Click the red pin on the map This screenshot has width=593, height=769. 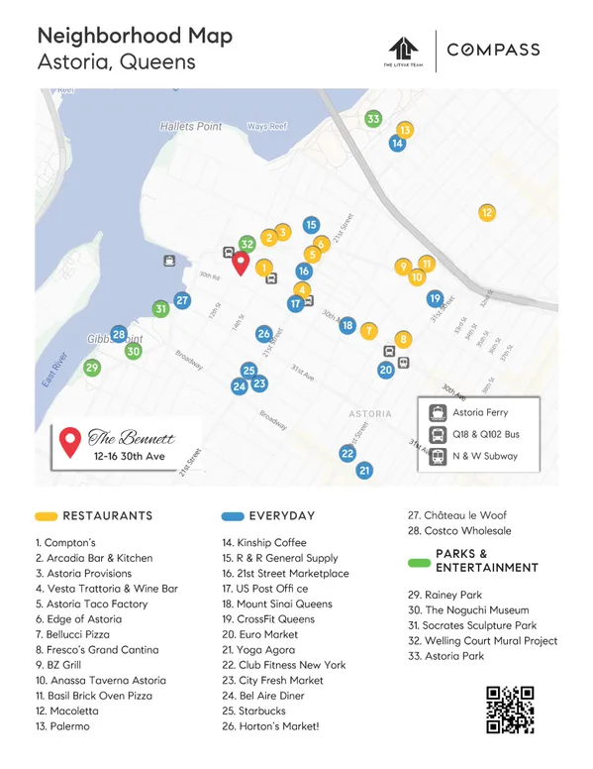240,263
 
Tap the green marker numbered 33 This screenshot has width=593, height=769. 373,119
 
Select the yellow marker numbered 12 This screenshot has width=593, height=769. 486,212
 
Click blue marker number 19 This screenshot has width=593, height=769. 435,298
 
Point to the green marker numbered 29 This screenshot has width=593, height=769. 92,368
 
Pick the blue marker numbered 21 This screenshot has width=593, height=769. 364,470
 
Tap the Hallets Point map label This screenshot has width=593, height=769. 191,127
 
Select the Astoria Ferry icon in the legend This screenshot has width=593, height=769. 436,413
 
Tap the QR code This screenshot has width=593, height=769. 511,709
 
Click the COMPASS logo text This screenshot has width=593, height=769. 493,50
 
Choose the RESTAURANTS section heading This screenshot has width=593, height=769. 107,515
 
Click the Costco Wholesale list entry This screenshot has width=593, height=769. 468,531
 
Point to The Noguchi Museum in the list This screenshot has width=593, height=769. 476,610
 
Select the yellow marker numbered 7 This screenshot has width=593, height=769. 368,329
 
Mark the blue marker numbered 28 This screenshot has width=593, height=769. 119,334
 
